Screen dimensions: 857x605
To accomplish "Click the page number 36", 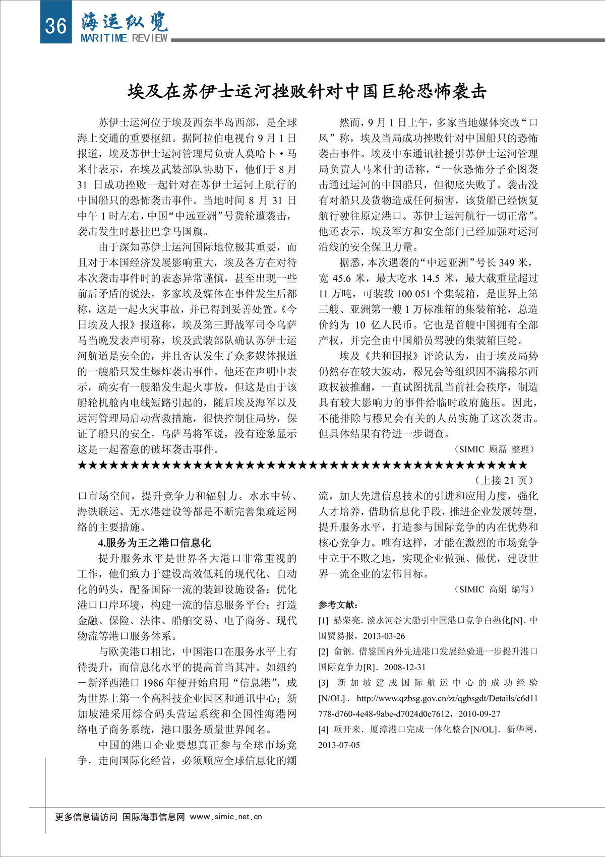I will [x=55, y=25].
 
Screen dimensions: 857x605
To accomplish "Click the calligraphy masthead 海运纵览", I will [x=125, y=21].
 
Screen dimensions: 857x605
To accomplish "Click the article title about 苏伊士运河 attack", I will [x=307, y=92].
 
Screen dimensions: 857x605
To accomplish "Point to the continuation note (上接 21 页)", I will [x=505, y=480].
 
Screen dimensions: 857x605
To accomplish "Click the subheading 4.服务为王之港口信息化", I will [x=154, y=543].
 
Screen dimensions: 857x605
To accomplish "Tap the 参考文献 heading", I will [x=338, y=605].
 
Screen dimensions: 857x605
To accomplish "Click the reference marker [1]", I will [x=323, y=621].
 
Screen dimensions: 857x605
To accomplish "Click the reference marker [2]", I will [x=323, y=652].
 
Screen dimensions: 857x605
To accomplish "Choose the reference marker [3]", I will [x=323, y=683].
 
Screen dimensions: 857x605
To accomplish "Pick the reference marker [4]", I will [x=323, y=730].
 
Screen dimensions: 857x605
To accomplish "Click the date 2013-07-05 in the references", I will [x=339, y=745].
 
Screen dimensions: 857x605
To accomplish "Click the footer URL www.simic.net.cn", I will [x=226, y=817].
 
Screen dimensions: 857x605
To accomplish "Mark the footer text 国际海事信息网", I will [x=154, y=817].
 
